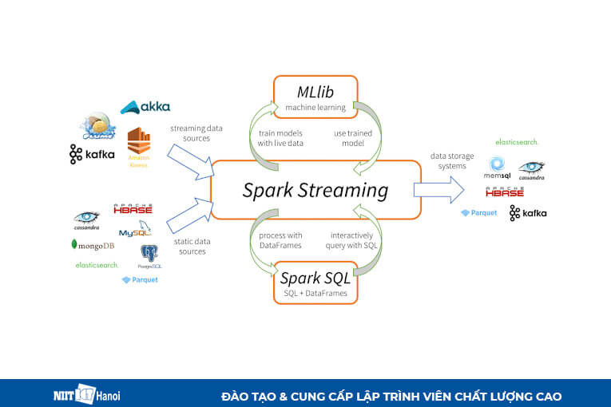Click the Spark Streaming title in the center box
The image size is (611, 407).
(315, 191)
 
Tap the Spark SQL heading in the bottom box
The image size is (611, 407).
(315, 279)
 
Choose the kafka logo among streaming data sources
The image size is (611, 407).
(92, 154)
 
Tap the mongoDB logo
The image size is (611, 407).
(93, 245)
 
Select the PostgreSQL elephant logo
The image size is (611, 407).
(149, 255)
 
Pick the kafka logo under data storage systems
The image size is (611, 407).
(528, 213)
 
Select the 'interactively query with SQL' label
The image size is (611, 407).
(351, 240)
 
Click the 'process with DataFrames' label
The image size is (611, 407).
(280, 240)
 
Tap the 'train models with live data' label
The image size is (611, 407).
(280, 137)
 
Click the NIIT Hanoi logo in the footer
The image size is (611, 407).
(82, 396)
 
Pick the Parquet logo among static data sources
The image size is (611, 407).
(140, 280)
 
